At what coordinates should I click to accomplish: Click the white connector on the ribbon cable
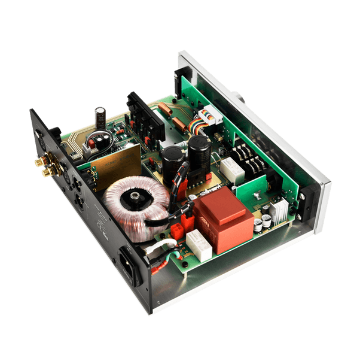213,119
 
